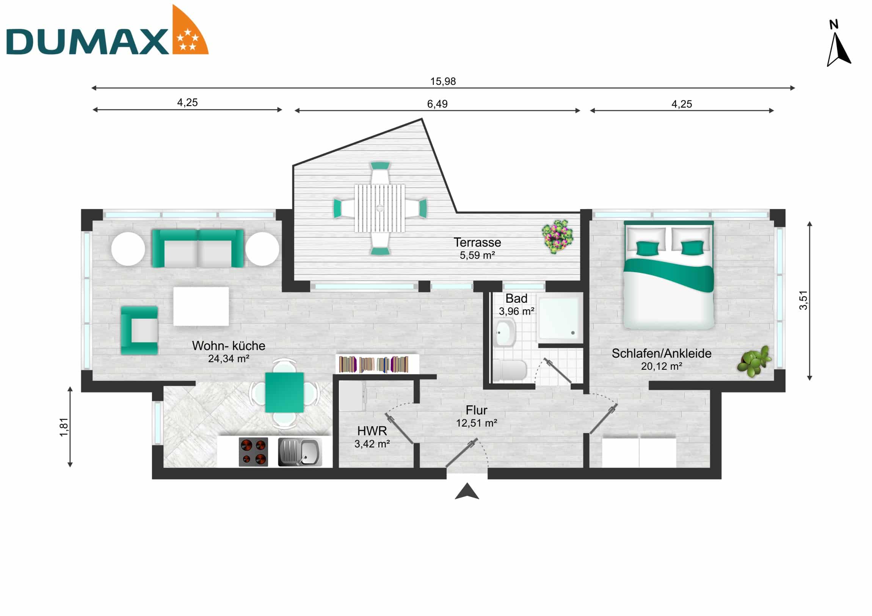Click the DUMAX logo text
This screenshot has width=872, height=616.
click(x=87, y=42)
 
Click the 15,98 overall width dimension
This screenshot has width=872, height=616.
click(x=443, y=81)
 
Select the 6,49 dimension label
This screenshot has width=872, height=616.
click(x=437, y=104)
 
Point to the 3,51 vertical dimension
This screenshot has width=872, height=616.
click(x=803, y=300)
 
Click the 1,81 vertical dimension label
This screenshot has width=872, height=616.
click(x=64, y=427)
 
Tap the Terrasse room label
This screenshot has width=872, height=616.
click(x=477, y=242)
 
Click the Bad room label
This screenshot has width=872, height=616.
click(x=516, y=299)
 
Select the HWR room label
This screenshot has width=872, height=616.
click(x=372, y=431)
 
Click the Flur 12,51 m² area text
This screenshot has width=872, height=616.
click(x=477, y=423)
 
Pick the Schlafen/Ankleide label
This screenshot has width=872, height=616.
click(x=661, y=353)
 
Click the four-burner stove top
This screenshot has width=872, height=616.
click(x=253, y=452)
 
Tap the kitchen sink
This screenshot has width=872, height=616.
click(x=300, y=452)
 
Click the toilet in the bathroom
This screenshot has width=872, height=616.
click(x=510, y=370)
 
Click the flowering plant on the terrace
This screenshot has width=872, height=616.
click(x=557, y=236)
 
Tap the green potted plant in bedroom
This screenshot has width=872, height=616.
click(x=754, y=361)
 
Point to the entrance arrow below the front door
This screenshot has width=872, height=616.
click(x=467, y=491)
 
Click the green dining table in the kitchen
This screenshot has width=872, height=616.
click(x=284, y=392)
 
